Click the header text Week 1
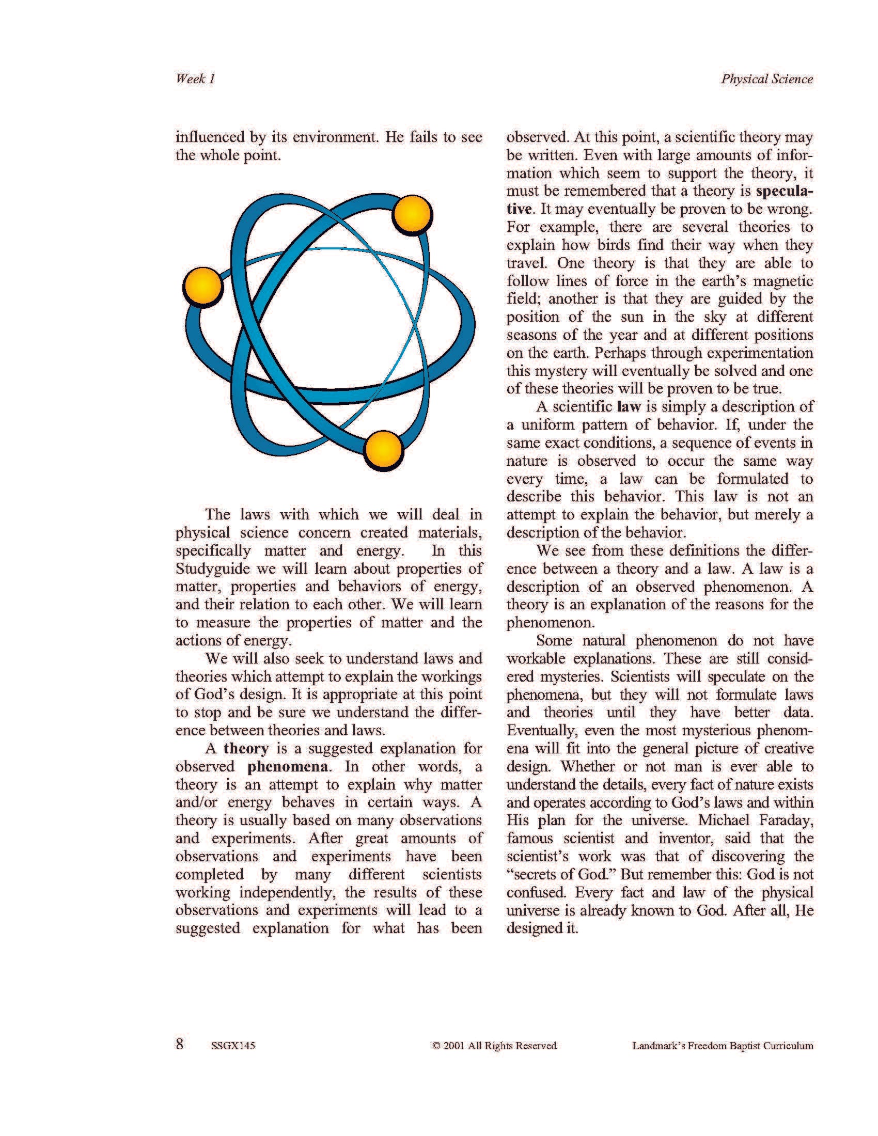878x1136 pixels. click(195, 79)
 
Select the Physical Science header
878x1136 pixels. click(766, 79)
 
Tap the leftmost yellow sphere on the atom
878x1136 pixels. click(203, 287)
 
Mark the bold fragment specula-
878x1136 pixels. click(784, 191)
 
